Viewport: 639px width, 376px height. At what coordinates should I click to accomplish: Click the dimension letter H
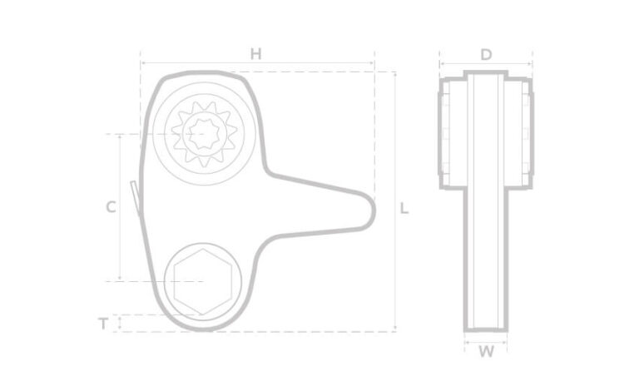point(256,54)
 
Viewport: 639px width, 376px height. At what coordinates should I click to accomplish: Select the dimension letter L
point(404,208)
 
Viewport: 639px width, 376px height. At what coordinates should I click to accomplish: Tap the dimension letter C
point(110,208)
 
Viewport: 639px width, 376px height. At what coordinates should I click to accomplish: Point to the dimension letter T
point(103,324)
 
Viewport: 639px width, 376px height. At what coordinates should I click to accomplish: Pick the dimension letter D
point(487,55)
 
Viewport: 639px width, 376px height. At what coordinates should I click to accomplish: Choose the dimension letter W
point(487,351)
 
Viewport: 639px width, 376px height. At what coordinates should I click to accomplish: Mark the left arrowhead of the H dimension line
point(142,62)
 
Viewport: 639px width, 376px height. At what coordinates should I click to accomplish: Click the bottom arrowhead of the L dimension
point(394,329)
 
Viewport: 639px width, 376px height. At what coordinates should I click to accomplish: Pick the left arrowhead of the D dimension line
point(442,63)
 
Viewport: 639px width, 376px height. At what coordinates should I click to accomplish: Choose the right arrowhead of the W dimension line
point(505,341)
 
